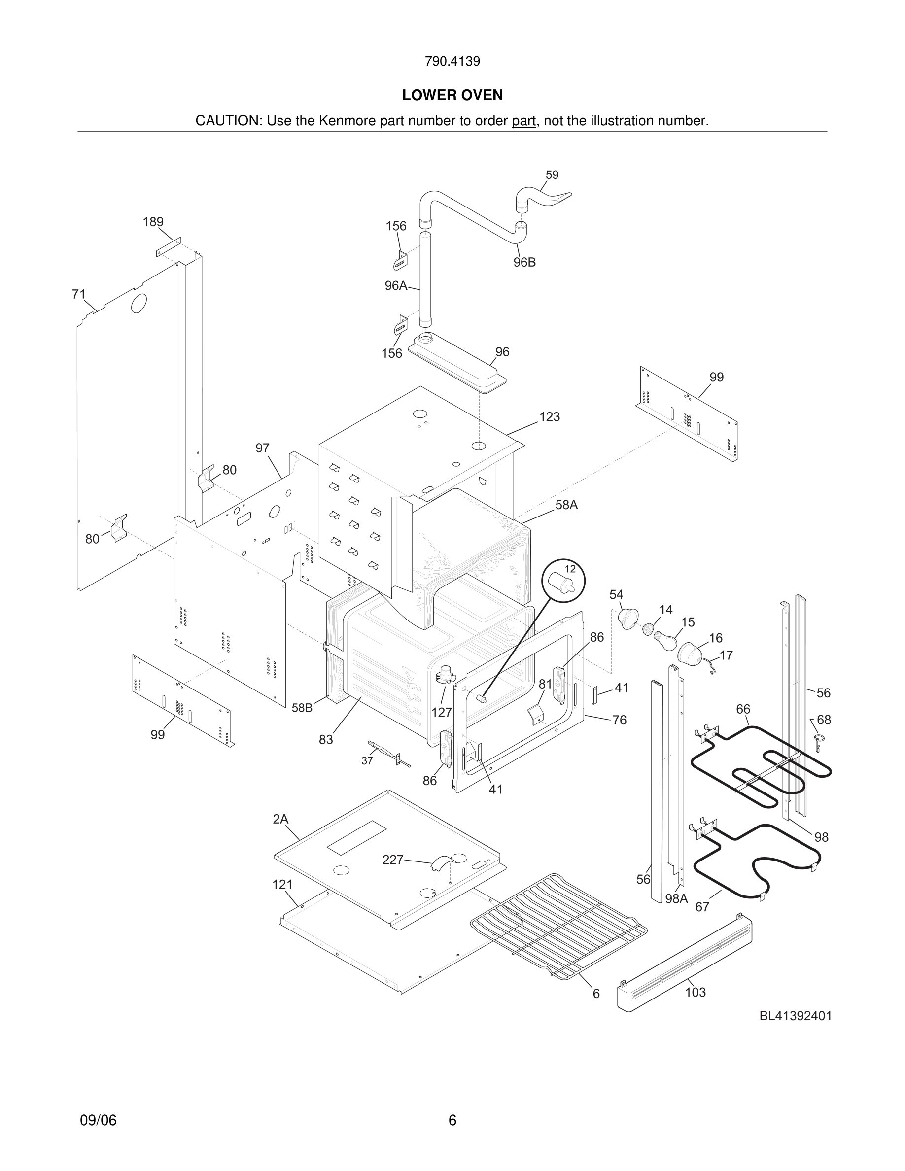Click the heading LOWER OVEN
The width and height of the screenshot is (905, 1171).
pyautogui.click(x=452, y=95)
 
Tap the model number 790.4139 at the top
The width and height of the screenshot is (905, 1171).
pyautogui.click(x=452, y=61)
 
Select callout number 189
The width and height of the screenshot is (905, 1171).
pyautogui.click(x=153, y=221)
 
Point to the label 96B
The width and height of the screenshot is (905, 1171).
pyautogui.click(x=524, y=262)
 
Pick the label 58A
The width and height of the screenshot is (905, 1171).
pyautogui.click(x=566, y=505)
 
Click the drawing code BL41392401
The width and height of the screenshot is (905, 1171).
pyautogui.click(x=795, y=1016)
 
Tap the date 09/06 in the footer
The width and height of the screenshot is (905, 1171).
pyautogui.click(x=98, y=1120)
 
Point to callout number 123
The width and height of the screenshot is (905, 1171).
pyautogui.click(x=549, y=416)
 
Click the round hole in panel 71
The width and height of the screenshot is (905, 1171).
pyautogui.click(x=139, y=303)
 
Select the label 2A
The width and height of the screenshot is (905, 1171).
pyautogui.click(x=280, y=819)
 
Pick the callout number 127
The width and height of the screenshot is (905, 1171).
pyautogui.click(x=442, y=712)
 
